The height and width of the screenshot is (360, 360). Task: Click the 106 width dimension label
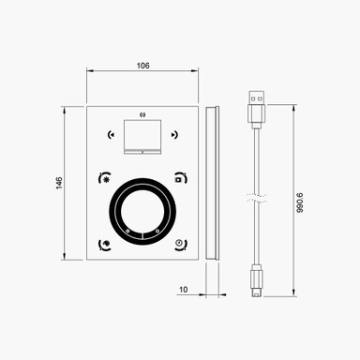click(142, 65)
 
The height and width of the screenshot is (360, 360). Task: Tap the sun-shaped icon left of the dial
click(105, 176)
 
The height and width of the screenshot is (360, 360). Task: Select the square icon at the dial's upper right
click(179, 176)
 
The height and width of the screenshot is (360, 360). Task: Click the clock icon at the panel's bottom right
click(179, 245)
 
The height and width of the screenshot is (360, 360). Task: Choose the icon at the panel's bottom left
click(105, 245)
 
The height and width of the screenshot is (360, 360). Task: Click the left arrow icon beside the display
click(112, 133)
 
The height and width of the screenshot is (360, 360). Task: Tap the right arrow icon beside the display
click(172, 133)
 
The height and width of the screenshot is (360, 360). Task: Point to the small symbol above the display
click(142, 114)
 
